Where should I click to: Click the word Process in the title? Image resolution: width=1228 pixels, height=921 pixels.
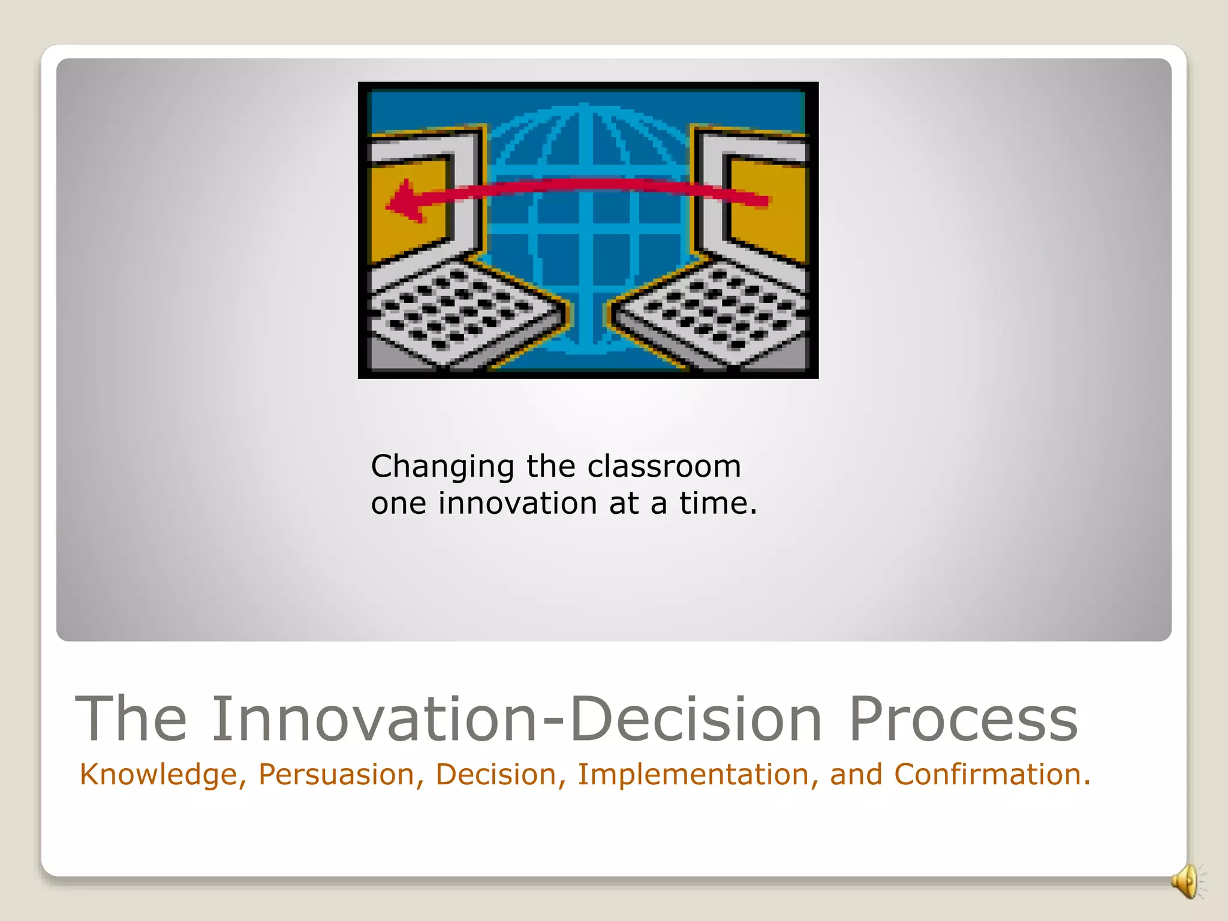point(963,720)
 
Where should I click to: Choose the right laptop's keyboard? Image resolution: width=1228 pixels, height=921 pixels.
point(714,312)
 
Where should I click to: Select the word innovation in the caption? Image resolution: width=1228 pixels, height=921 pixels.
point(517,503)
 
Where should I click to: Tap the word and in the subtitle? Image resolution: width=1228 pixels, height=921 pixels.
point(856,775)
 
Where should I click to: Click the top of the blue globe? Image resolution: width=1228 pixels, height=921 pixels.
point(584,108)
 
